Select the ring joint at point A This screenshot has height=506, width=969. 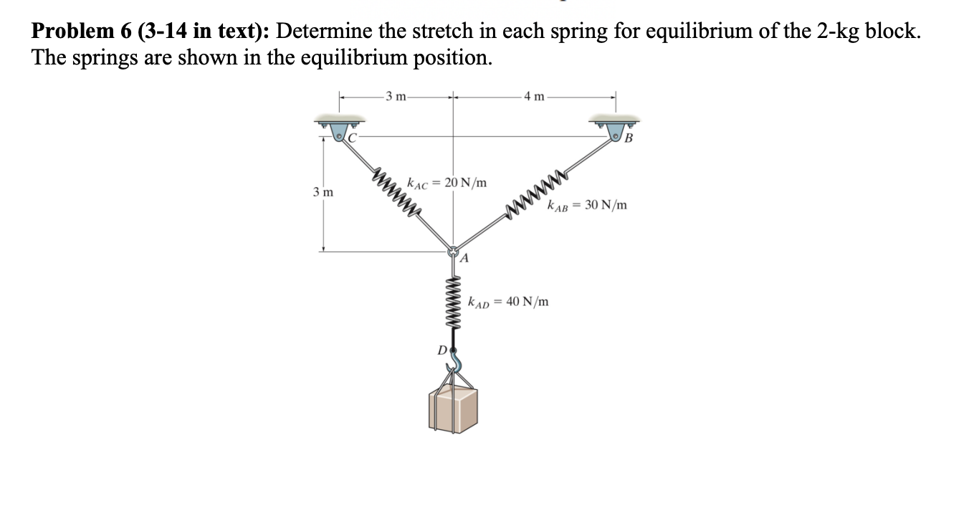coord(453,252)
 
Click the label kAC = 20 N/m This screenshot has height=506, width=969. coord(447,183)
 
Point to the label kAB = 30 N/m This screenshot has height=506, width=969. coord(586,206)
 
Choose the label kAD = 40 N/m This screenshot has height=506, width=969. coord(508,301)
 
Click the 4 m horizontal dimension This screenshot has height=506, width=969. coord(534,97)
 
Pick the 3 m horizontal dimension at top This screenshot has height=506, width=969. coord(395,97)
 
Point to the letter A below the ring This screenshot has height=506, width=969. coord(464,259)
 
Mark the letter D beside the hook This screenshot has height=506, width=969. coord(442,350)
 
